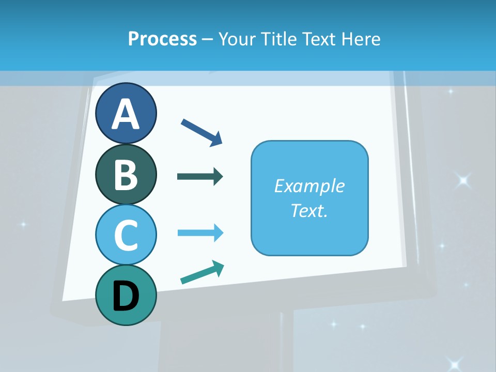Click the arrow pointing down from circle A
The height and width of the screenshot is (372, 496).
(202, 132)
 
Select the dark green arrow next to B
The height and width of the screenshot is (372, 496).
(199, 177)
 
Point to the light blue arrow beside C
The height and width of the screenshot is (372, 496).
(200, 233)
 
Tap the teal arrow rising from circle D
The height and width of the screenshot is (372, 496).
(202, 273)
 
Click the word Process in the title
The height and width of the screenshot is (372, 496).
(162, 39)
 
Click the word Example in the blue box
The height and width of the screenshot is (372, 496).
(309, 186)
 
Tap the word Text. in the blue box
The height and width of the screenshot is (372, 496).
(309, 211)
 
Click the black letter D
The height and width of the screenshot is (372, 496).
(126, 297)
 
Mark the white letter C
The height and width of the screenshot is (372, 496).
(126, 236)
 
